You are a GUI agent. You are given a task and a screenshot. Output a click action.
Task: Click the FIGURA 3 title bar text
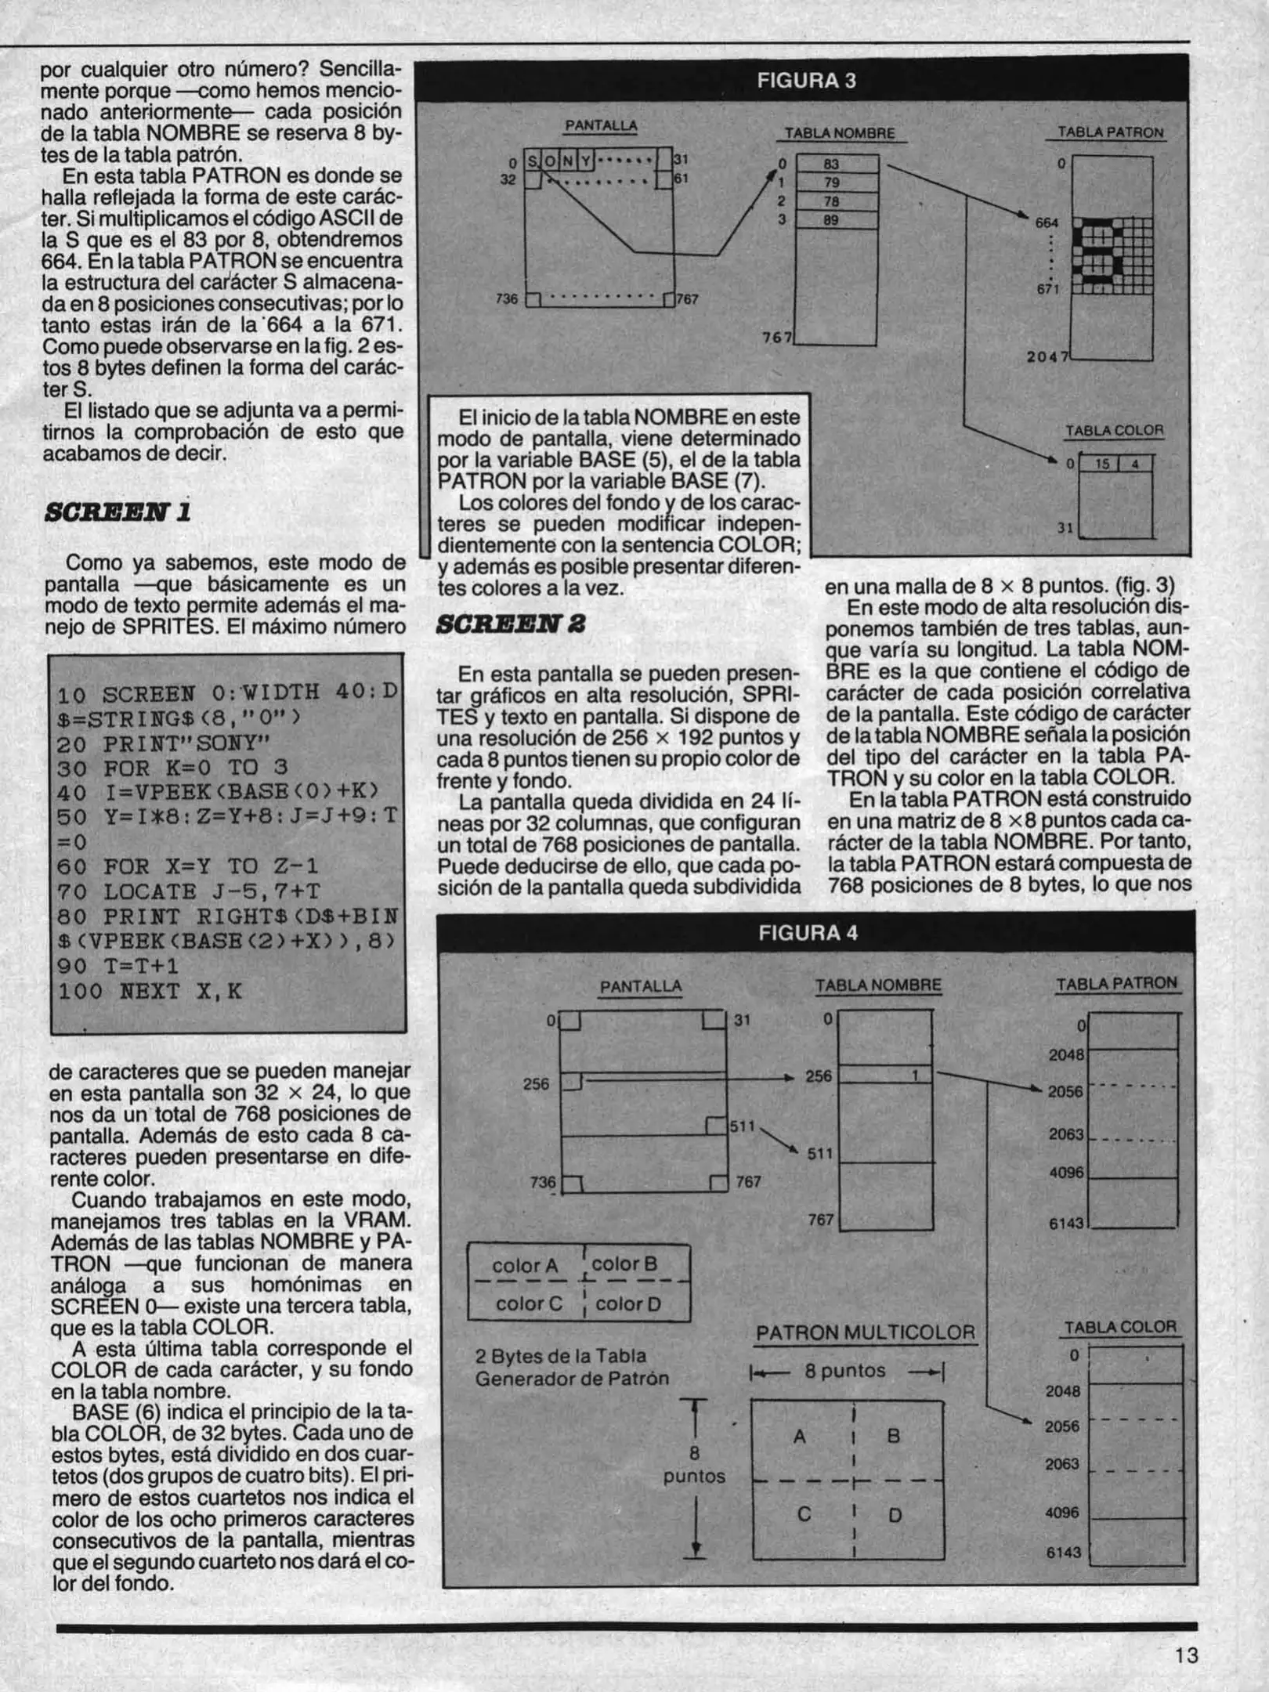pyautogui.click(x=806, y=81)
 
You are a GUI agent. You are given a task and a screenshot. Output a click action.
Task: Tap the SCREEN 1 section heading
pyautogui.click(x=117, y=512)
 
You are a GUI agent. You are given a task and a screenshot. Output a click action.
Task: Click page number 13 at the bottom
pyautogui.click(x=1186, y=1655)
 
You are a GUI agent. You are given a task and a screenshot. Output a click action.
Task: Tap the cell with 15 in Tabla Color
pyautogui.click(x=1102, y=464)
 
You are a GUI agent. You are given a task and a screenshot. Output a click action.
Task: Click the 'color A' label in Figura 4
pyautogui.click(x=525, y=1266)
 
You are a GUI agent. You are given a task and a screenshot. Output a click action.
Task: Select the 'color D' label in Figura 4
pyautogui.click(x=628, y=1304)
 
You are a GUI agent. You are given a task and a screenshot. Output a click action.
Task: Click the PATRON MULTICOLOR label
pyautogui.click(x=866, y=1332)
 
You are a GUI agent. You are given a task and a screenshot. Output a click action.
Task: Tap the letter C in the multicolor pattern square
pyautogui.click(x=803, y=1514)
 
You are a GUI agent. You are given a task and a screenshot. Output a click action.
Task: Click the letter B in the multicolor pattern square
pyautogui.click(x=893, y=1436)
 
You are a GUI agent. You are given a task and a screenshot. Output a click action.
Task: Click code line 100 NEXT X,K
pyautogui.click(x=150, y=992)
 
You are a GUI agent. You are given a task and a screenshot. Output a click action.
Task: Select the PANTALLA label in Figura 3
pyautogui.click(x=601, y=125)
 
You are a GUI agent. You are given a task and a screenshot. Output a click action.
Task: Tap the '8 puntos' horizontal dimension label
pyautogui.click(x=844, y=1371)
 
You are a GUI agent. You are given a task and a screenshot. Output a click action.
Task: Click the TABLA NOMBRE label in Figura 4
pyautogui.click(x=878, y=985)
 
